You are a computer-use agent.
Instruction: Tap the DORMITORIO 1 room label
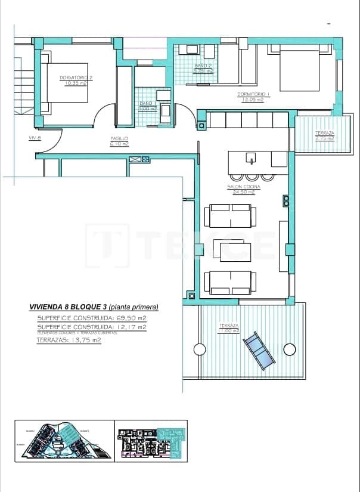253,94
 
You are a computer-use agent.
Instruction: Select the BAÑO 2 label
203,65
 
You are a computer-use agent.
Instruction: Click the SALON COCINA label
242,187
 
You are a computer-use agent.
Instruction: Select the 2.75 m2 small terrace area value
325,138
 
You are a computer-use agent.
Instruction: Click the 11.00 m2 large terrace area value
228,330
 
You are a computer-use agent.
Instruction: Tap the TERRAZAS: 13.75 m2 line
69,340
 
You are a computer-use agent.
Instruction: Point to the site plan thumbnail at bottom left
64,441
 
